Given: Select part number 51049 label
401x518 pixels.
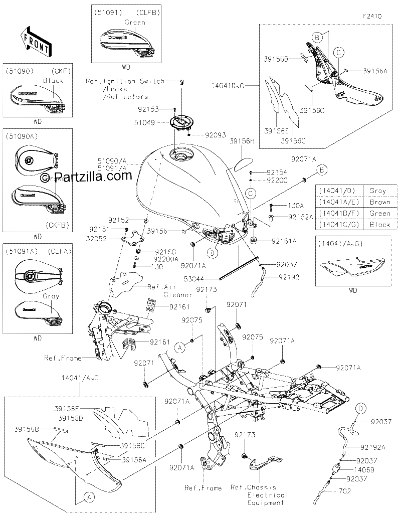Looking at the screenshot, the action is point(145,122).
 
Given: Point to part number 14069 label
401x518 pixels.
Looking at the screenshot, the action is point(364,470).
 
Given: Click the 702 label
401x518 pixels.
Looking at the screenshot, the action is point(344,491).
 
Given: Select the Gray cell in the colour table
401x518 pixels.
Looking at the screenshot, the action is point(378,191).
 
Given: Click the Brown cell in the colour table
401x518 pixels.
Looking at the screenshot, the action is point(380,202).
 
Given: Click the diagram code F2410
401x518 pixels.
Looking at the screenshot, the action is point(371,16).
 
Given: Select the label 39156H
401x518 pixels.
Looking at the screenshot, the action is point(242,141).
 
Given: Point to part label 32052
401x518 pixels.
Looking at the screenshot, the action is point(96,239).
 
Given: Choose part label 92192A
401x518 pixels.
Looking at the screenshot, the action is point(373,447).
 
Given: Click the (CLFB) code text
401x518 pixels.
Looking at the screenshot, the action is point(148,13).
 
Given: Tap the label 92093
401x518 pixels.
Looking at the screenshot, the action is point(216,135).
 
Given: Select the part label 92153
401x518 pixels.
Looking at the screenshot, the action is point(149,109).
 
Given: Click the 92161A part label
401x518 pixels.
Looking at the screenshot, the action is point(284,241).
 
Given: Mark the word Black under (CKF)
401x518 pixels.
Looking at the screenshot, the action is point(53,80).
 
